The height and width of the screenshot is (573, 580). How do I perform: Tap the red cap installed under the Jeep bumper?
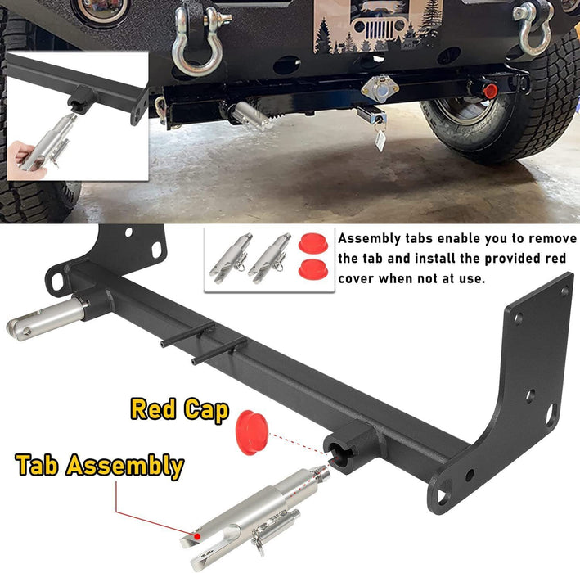click(x=490, y=91)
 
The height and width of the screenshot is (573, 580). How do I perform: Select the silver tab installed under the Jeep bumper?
click(x=245, y=115)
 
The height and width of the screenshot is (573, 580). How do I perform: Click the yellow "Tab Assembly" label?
click(x=99, y=467)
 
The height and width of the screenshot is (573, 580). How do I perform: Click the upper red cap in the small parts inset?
click(x=310, y=244)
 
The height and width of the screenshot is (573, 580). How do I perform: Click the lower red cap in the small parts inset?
click(x=310, y=268)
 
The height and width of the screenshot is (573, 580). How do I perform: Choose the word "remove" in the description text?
click(x=535, y=240)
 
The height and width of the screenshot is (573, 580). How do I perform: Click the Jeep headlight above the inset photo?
click(x=91, y=8)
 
